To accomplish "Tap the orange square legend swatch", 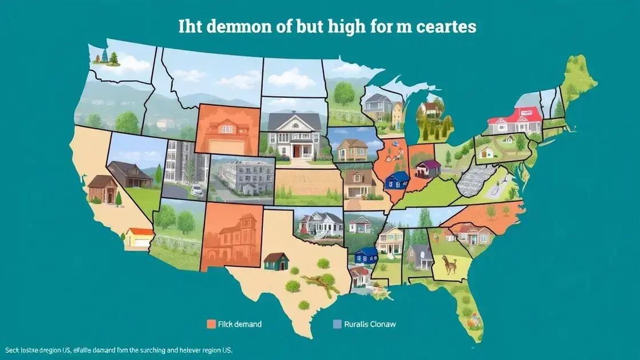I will pyautogui.click(x=210, y=324).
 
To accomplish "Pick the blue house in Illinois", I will pyautogui.click(x=397, y=181).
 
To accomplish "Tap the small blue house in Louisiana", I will pyautogui.click(x=366, y=255).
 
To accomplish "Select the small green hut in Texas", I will pyautogui.click(x=276, y=261).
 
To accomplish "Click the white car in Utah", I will pyautogui.click(x=197, y=190).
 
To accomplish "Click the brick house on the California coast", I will pyautogui.click(x=103, y=189).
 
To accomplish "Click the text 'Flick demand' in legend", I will pyautogui.click(x=240, y=324).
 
